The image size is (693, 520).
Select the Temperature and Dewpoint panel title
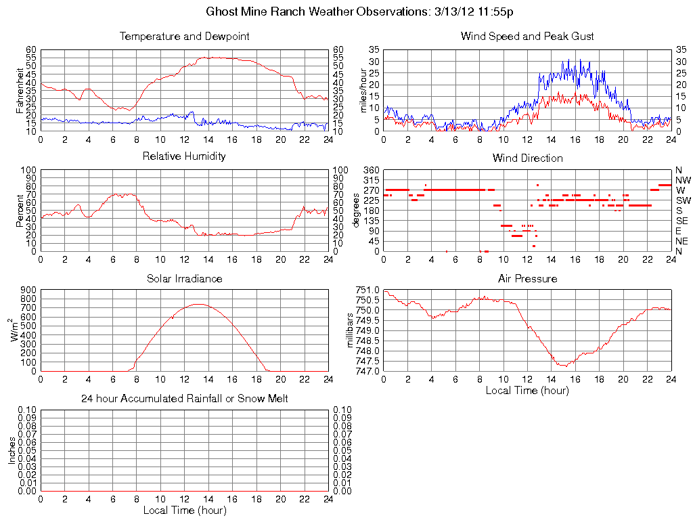point(184,36)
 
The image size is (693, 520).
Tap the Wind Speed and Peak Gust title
point(527,36)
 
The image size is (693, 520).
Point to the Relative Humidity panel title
point(184,156)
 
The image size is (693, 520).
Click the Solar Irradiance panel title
point(184,278)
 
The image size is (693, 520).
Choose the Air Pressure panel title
point(527,278)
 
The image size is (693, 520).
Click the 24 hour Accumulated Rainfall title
point(184,399)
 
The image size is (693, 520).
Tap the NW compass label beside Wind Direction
point(683,180)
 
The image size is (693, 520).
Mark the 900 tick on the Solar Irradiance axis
point(28,290)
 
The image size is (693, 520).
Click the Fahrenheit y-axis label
point(20,90)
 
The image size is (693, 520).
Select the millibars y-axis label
point(351,330)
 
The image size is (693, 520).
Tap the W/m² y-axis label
point(14,330)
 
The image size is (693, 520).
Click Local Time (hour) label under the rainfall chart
point(184,510)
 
